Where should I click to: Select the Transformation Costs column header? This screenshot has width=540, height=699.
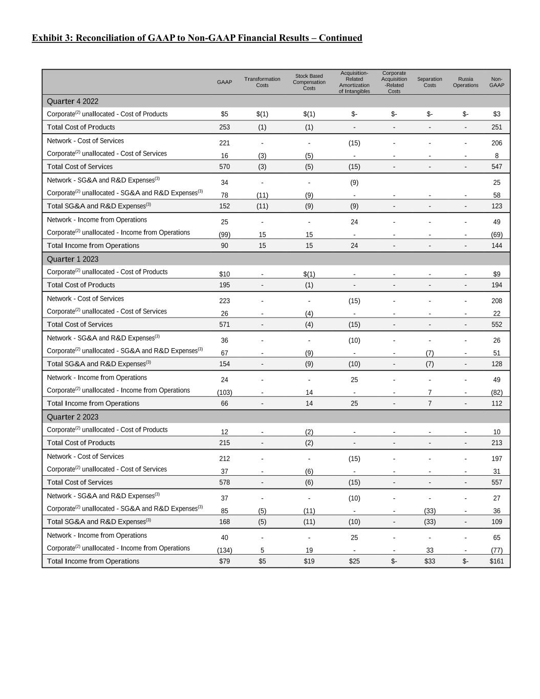tap(262, 82)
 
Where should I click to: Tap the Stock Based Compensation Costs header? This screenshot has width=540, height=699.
tap(309, 82)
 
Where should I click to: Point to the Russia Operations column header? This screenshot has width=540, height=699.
tap(465, 82)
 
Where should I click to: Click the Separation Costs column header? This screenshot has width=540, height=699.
tap(429, 82)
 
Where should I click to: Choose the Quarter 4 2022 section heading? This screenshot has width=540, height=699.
tap(73, 101)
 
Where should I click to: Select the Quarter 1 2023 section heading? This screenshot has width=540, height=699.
tap(73, 259)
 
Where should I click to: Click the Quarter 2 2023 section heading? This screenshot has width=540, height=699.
tap(73, 417)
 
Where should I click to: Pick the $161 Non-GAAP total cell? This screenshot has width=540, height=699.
tap(496, 561)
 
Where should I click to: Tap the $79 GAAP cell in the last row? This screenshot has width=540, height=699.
tap(224, 561)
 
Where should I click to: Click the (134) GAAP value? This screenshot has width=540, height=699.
tap(224, 550)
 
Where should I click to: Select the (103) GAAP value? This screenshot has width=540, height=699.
tap(224, 392)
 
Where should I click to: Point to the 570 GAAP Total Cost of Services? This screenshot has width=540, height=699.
tap(224, 166)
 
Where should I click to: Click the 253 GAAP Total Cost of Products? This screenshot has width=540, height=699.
tap(224, 127)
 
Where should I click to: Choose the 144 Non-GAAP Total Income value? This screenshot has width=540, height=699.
tap(496, 245)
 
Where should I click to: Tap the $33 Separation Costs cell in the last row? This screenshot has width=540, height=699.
tap(429, 561)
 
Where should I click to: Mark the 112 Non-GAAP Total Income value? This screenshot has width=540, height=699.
tap(496, 403)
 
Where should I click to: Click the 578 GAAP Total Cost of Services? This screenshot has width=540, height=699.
tap(224, 482)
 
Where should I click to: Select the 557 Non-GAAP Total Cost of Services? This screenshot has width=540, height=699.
tap(496, 482)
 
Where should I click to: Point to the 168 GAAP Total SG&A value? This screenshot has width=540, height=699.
tap(224, 522)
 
